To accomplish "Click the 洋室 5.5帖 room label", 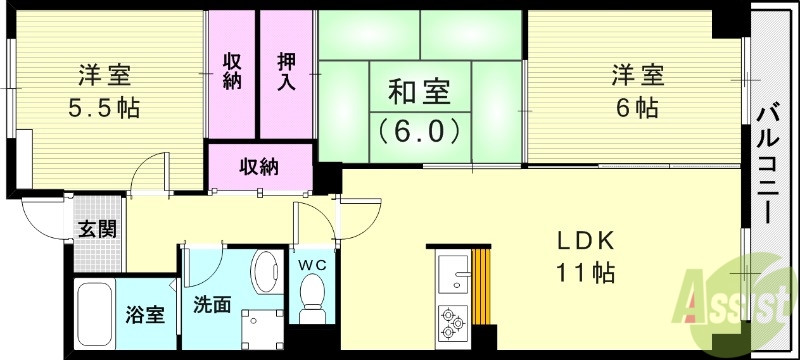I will point(104,91).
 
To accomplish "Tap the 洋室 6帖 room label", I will point(636,91).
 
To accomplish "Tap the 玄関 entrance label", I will point(98,228).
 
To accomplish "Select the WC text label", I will point(316,265).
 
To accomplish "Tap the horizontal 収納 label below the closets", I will point(258,166).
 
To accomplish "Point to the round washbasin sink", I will point(265,271).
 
